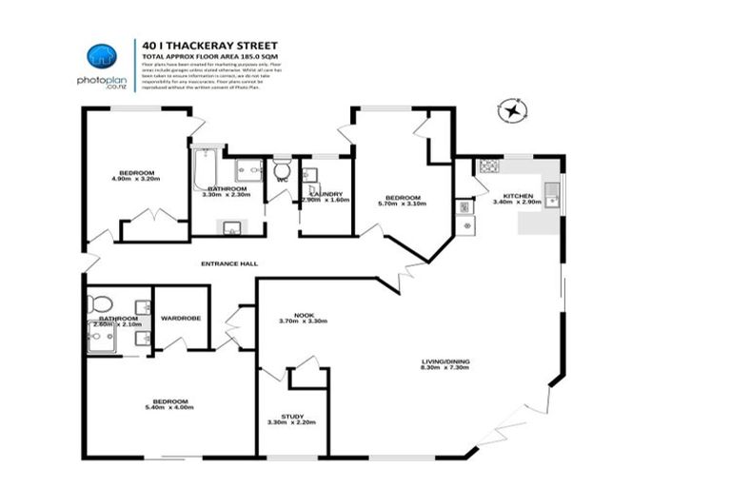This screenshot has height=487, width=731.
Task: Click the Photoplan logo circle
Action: coord(100,56)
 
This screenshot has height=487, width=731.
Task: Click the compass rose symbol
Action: coord(513,111)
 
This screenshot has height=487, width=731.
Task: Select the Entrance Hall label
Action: coord(228,263)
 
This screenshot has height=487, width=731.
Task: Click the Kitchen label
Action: coord(518,194)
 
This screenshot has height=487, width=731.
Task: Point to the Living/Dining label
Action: coord(446,361)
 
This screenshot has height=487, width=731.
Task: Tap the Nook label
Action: coord(304,314)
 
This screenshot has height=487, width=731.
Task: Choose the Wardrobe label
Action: coord(180,318)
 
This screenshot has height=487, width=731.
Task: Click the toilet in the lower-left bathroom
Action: coord(98,304)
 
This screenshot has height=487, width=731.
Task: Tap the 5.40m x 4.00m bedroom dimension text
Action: coord(169,408)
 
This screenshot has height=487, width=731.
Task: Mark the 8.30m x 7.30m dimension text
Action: coord(446,369)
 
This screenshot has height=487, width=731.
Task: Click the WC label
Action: coord(282,178)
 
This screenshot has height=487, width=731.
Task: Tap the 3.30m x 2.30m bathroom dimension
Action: coord(228,195)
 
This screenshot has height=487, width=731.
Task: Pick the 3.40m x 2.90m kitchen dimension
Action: coord(518,202)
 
